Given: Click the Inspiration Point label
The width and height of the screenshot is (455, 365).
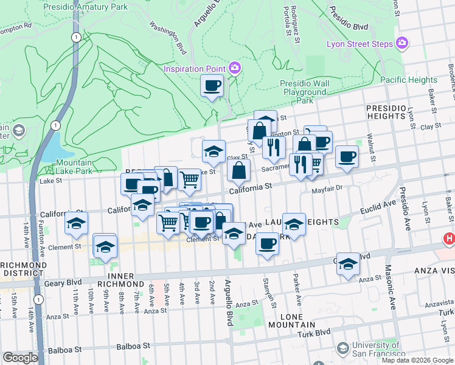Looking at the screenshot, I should tap(193, 68).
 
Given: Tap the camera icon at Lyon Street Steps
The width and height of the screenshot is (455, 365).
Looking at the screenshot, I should tap(401, 43).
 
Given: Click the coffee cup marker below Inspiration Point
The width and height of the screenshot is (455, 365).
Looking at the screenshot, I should tap(212, 86).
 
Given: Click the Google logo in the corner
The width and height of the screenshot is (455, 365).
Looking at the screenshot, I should tap(19, 358).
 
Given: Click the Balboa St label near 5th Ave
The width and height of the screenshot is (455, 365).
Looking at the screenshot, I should tap(133, 347).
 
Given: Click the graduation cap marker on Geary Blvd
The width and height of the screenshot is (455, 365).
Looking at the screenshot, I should tap(348, 264).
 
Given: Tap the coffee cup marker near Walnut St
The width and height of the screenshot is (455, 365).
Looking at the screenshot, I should tap(347, 157).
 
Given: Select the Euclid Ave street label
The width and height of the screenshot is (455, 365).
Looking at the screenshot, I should tap(378, 209).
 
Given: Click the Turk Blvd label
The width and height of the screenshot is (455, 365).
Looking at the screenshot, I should tap(314, 332).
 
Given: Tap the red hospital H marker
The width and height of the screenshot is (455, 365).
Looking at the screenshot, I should tap(450, 240).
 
